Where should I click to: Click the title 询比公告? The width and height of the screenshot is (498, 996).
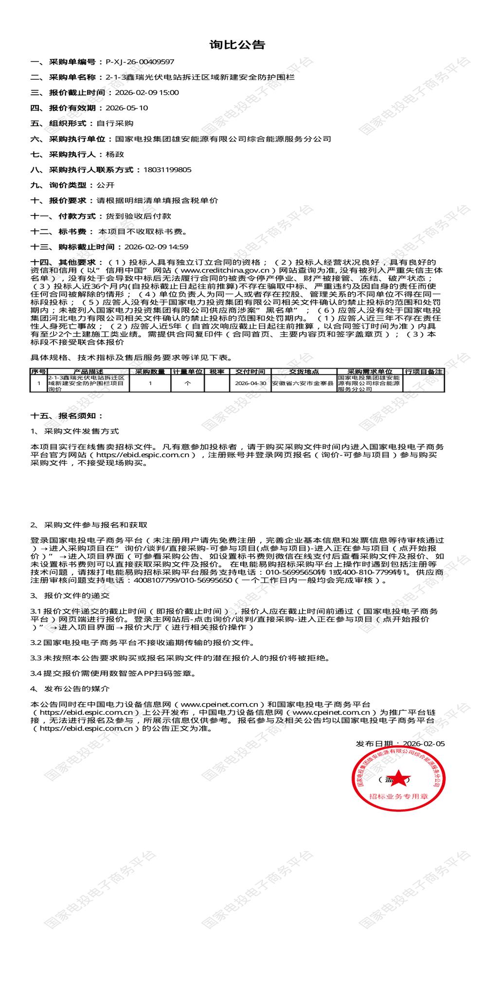237,45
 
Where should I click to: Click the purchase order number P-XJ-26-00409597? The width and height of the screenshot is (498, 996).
140,62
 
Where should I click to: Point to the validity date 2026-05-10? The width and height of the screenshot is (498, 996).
126,108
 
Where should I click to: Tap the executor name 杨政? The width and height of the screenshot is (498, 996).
115,154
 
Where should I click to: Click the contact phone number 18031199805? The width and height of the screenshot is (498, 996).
167,170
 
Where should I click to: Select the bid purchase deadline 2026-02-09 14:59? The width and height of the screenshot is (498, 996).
156,247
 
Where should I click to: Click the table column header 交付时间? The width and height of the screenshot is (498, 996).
250,372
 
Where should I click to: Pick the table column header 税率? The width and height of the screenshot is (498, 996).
217,372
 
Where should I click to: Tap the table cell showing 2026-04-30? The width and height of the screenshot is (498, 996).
250,383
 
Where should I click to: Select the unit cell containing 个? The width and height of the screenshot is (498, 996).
188,383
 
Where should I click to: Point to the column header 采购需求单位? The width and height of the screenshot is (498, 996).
370,372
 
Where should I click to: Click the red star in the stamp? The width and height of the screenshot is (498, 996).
398,779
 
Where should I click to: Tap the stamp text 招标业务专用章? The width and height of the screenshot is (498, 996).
398,797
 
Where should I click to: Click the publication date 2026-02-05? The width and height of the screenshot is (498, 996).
424,744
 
